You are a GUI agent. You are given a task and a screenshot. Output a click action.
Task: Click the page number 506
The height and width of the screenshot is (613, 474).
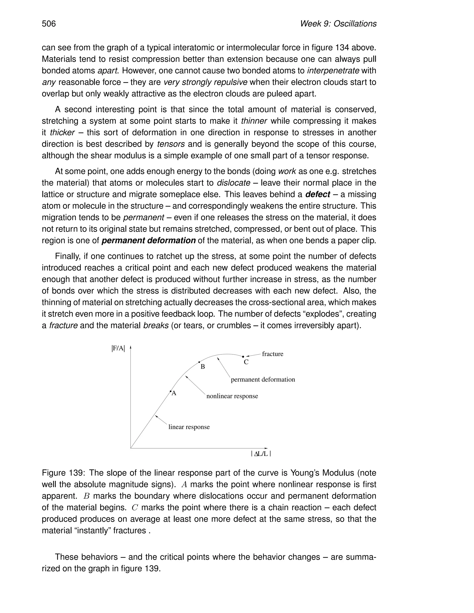point(49,24)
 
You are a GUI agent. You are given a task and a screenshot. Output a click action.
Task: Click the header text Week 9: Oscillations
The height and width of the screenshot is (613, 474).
point(338,24)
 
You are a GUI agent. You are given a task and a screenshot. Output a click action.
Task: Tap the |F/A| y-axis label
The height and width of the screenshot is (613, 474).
point(118,349)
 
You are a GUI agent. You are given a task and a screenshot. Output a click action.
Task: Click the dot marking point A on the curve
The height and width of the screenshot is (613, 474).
point(170,391)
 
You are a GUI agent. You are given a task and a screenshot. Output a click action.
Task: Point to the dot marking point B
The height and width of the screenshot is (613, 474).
point(199,362)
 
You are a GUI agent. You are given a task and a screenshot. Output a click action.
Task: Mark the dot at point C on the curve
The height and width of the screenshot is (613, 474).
point(243,357)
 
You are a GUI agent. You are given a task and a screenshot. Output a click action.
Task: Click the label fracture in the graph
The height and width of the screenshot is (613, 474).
point(272,354)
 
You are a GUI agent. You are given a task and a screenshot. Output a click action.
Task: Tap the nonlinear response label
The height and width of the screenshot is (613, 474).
point(232,396)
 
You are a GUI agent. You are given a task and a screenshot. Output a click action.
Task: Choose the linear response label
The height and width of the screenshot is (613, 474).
point(189,427)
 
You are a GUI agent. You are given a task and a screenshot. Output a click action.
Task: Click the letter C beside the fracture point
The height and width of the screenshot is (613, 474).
point(246,362)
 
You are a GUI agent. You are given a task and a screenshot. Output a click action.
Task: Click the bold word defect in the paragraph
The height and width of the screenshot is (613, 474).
point(318,195)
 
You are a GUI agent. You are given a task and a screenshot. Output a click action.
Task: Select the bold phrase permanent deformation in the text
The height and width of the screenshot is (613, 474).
point(149,241)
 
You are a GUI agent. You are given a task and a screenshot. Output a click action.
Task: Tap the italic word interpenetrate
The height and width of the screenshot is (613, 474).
point(333,71)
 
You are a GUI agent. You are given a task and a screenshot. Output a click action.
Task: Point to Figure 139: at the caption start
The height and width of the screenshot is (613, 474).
point(63,473)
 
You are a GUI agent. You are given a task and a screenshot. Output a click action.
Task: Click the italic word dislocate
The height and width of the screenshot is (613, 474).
point(233,183)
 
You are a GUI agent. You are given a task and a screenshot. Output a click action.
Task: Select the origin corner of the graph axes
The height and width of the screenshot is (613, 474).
point(131,448)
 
